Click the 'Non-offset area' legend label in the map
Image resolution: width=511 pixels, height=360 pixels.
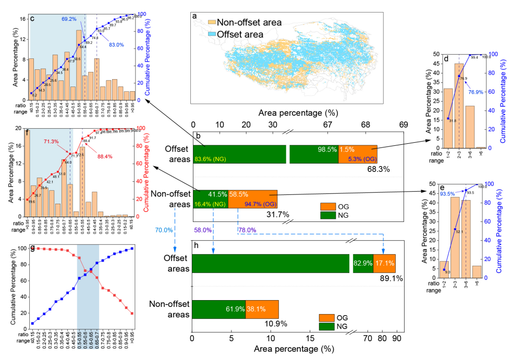pos(249,22)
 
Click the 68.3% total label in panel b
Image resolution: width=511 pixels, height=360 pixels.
pos(378,169)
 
